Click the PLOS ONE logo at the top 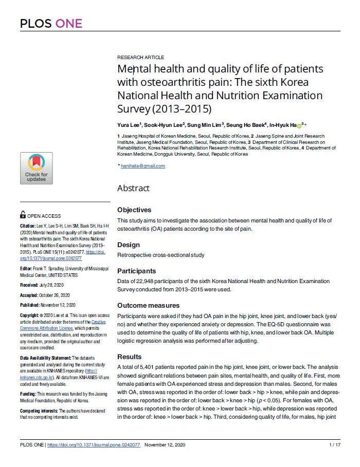point(51,24)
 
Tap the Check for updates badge point(36,169)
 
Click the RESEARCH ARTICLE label point(140,58)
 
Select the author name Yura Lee point(129,125)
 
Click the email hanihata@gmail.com point(143,166)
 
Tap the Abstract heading point(133,189)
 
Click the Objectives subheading point(134,210)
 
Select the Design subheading point(129,245)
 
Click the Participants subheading point(136,271)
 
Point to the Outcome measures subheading point(146,306)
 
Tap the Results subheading point(129,357)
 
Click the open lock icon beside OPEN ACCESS point(23,216)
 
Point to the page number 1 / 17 point(334,444)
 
